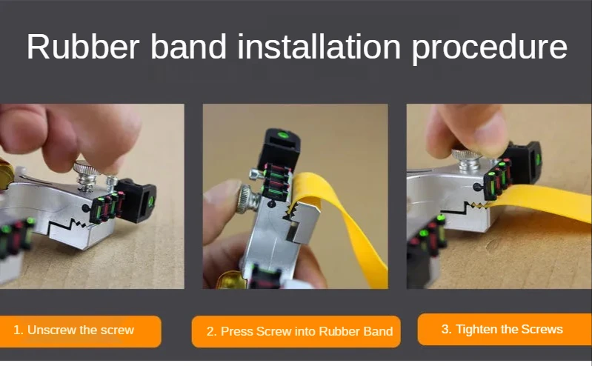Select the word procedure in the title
tap(490, 48)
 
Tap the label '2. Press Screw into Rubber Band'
tap(296, 331)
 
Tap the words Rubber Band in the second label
tap(361, 331)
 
